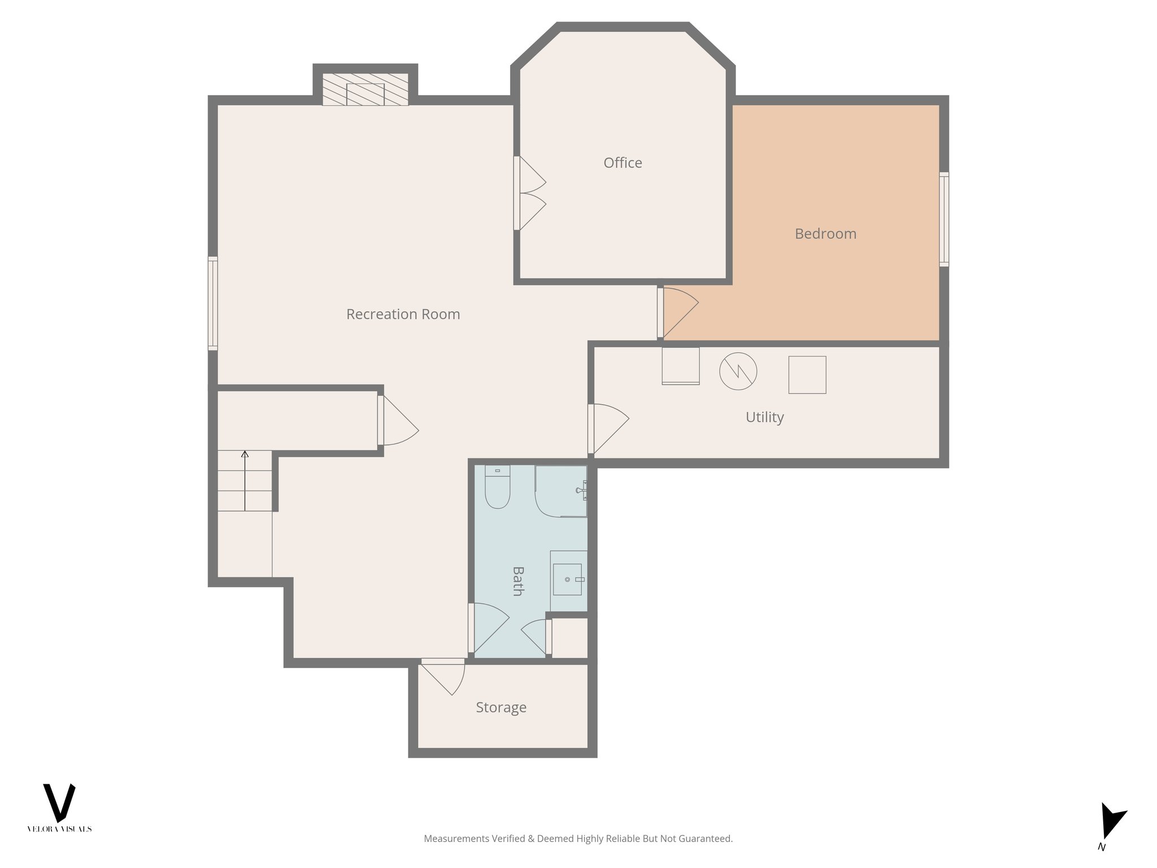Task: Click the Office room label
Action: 623,163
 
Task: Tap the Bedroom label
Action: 825,233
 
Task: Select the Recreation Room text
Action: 403,314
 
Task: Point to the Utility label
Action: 764,417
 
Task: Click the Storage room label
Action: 501,708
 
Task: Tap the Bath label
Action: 517,581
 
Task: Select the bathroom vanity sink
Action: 567,579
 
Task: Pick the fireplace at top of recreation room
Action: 365,90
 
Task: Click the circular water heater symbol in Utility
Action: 738,371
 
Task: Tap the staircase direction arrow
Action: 245,480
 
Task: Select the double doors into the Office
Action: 530,193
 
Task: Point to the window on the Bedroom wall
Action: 943,219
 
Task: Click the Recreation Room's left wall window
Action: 212,303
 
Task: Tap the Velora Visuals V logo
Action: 59,802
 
